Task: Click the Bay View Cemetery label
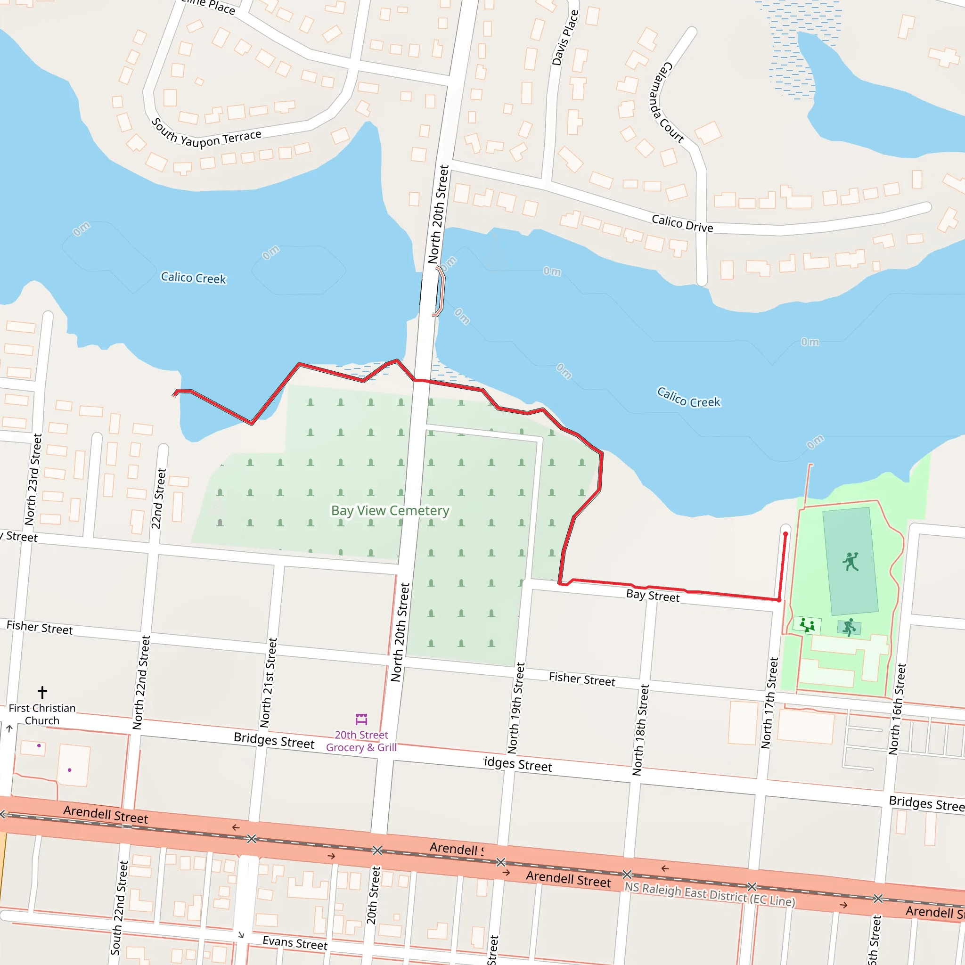click(x=390, y=510)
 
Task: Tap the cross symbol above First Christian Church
click(x=42, y=692)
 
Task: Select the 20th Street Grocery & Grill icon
click(x=361, y=719)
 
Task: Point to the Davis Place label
click(x=565, y=38)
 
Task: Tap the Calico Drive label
click(x=682, y=223)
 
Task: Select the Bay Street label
click(x=653, y=596)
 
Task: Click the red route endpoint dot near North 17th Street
click(x=785, y=534)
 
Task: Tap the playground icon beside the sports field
click(x=807, y=625)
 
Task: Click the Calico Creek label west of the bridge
click(x=193, y=278)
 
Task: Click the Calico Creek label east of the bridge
click(x=688, y=398)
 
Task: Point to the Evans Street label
click(x=294, y=942)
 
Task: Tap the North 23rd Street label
click(x=33, y=480)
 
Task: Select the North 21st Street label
click(x=268, y=682)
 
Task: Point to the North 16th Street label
click(x=897, y=709)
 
